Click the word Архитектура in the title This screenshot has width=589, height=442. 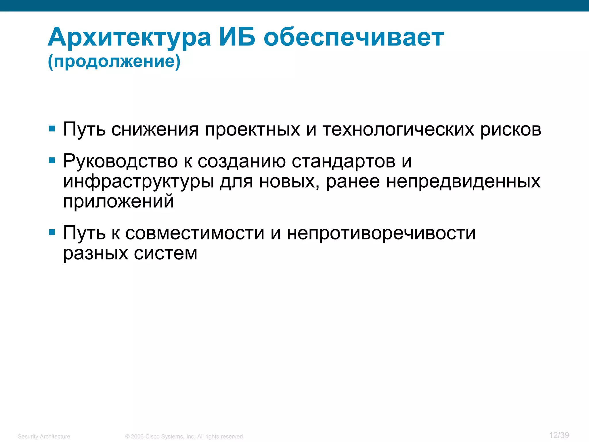pos(129,37)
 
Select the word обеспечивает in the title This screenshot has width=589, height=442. pos(354,37)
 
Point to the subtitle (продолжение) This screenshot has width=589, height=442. pos(114,61)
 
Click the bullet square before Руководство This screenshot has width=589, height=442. pos(52,160)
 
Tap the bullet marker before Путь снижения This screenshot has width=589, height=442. pos(52,129)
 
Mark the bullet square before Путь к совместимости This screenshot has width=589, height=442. pos(52,232)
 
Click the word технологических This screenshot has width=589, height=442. pos(398,129)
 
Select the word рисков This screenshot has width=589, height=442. pos(511,129)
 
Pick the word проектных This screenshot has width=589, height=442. pos(252,129)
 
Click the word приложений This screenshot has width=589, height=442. pos(118,201)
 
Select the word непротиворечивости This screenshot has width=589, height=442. pos(381,233)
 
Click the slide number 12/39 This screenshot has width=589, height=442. pos(559,435)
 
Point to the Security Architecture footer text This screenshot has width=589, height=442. pos(44,437)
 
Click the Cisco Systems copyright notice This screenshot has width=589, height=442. pos(185,437)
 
